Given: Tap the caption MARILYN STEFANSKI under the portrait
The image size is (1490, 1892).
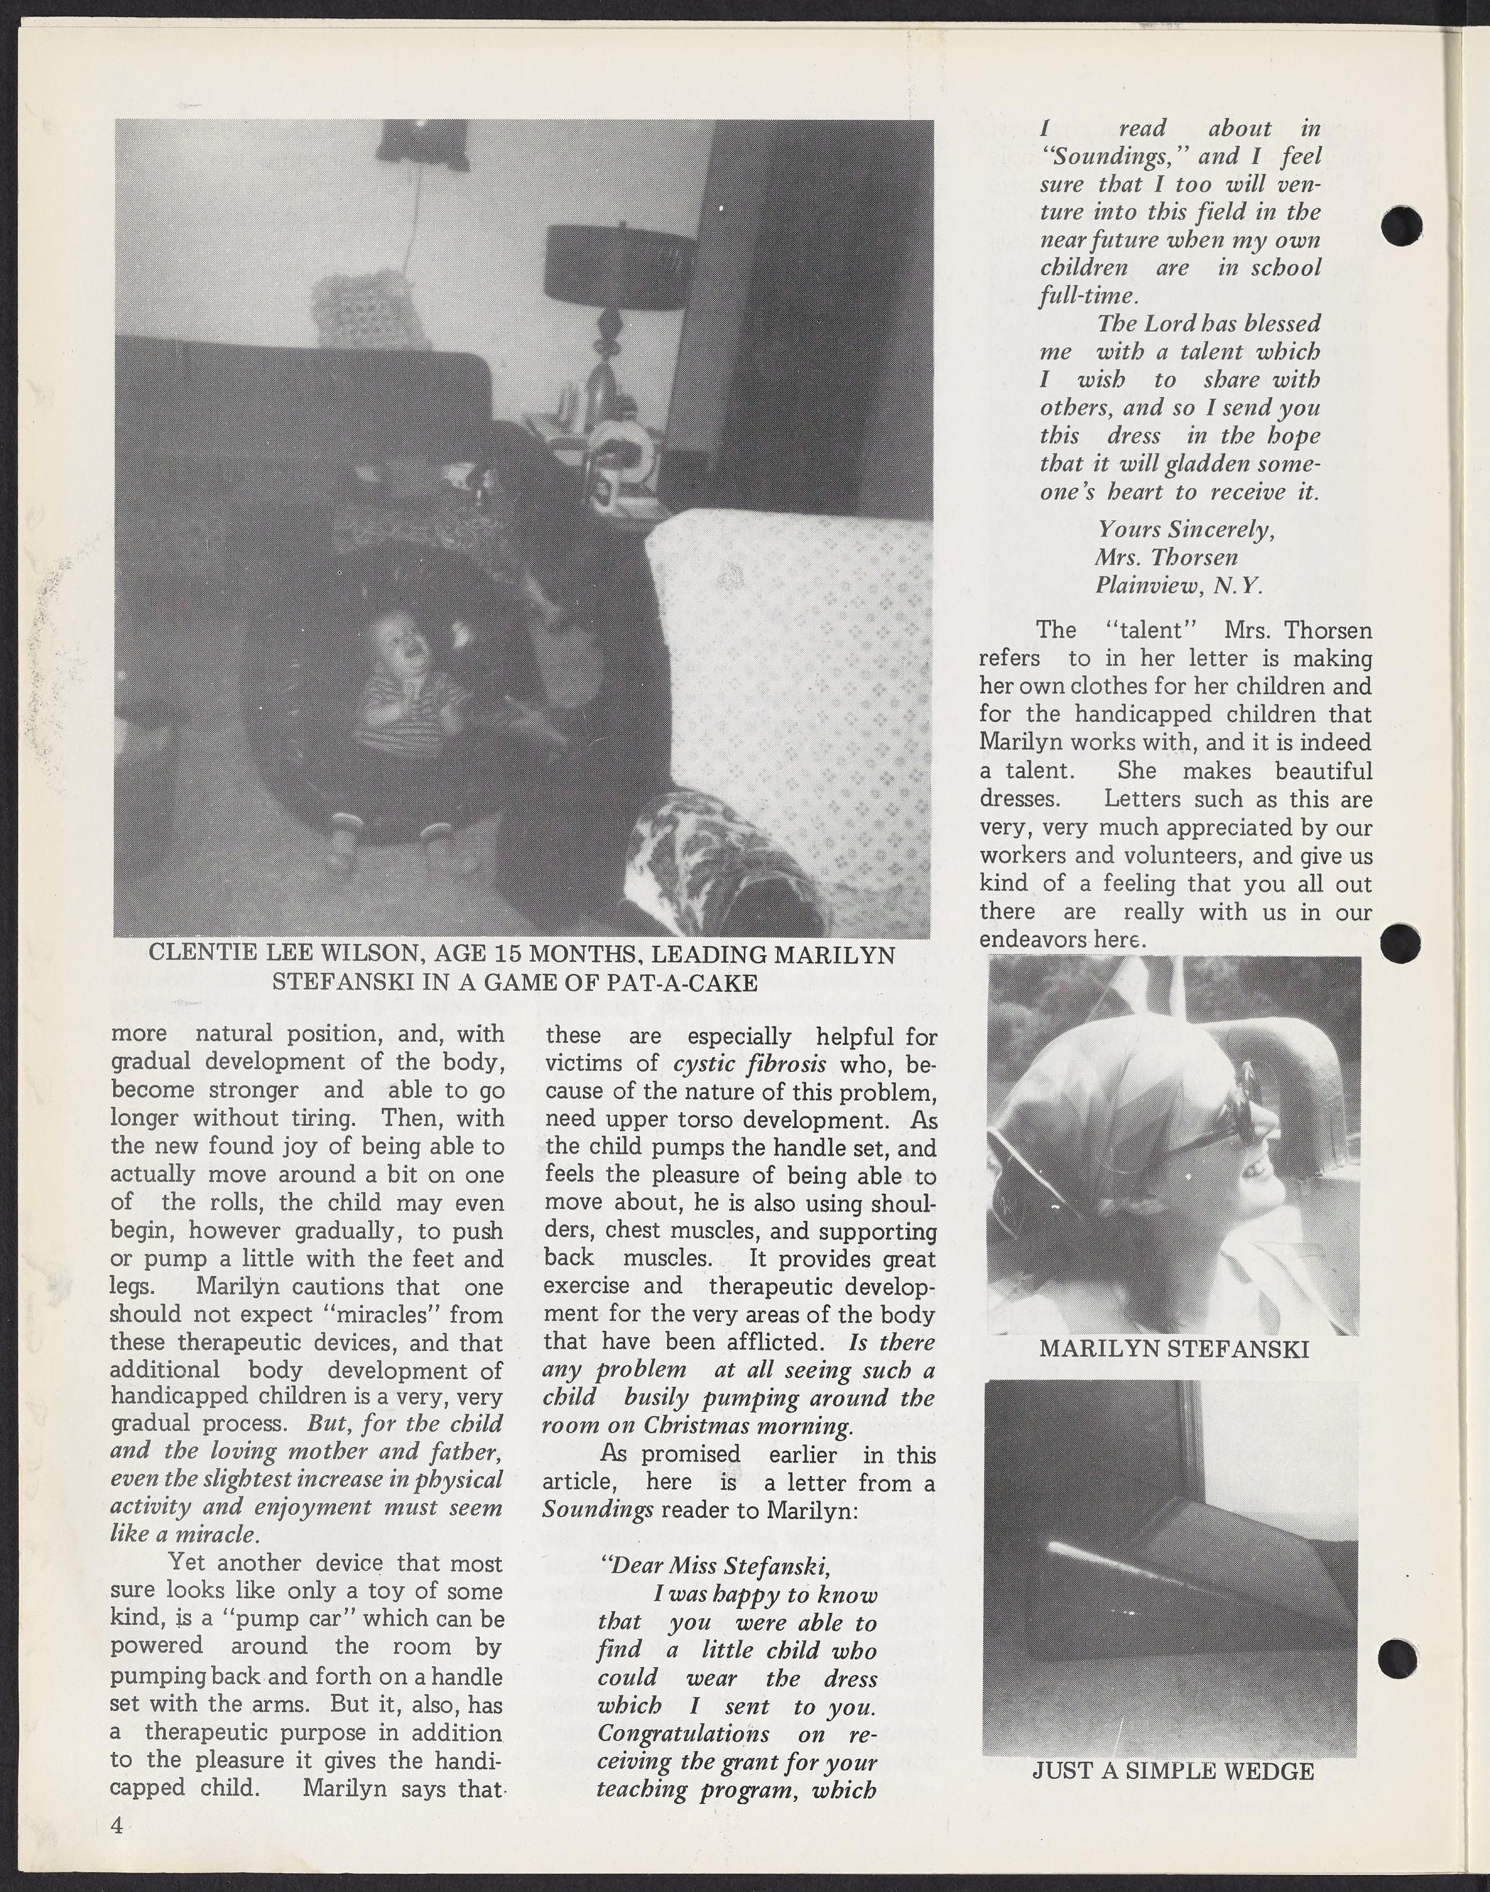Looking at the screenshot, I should click(1174, 1349).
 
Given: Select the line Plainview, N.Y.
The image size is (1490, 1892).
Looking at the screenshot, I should click(1179, 585).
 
